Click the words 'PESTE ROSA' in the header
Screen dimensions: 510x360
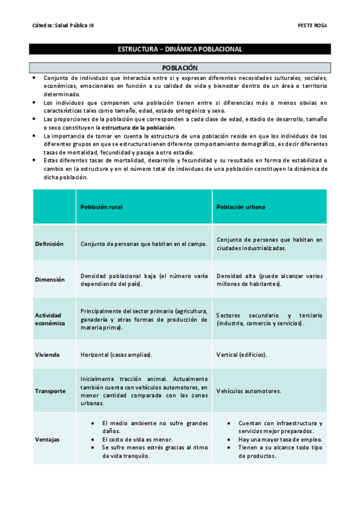[312, 25]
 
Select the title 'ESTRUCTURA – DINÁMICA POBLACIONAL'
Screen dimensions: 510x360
[180, 49]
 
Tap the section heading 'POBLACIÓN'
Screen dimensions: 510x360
[180, 69]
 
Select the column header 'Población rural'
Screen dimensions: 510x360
[102, 206]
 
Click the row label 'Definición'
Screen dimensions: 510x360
[49, 244]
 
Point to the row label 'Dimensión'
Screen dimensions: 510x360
[49, 280]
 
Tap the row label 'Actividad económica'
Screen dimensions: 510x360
[50, 319]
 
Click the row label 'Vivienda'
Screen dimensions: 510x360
[47, 355]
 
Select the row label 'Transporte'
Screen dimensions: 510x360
[50, 391]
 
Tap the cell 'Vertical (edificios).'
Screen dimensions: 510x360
[242, 355]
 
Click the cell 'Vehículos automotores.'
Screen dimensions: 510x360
[248, 391]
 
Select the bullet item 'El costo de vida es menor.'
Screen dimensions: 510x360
[137, 440]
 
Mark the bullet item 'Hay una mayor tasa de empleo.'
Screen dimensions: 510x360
[279, 440]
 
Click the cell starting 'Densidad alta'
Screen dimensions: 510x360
[269, 280]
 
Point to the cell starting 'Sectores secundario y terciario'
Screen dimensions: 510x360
[269, 319]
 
